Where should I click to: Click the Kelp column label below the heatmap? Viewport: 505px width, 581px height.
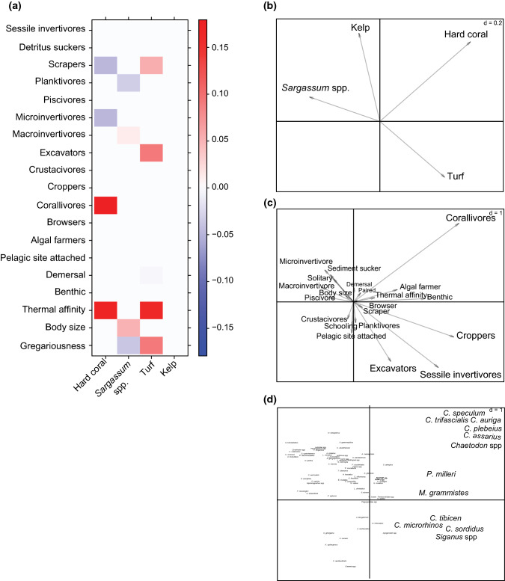(x=170, y=371)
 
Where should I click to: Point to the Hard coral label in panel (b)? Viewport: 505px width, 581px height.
(x=467, y=34)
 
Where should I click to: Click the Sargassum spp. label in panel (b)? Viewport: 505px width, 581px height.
(x=313, y=88)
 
